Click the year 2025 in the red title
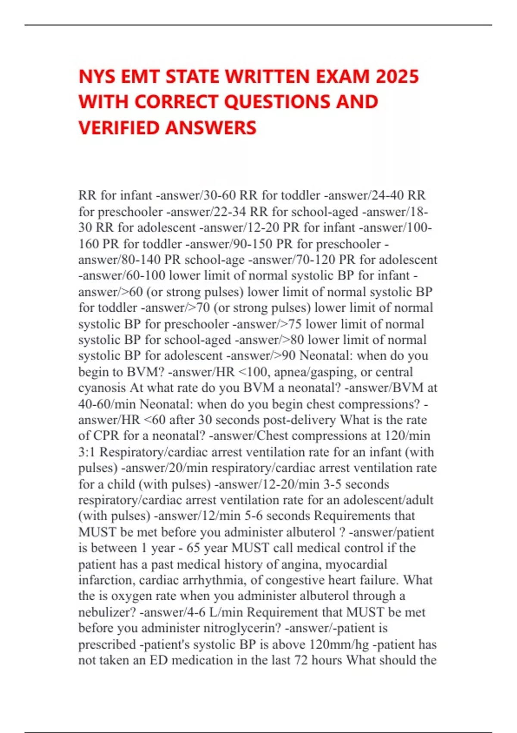pyautogui.click(x=397, y=77)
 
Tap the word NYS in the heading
pyautogui.click(x=97, y=77)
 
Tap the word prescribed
pyautogui.click(x=107, y=644)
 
